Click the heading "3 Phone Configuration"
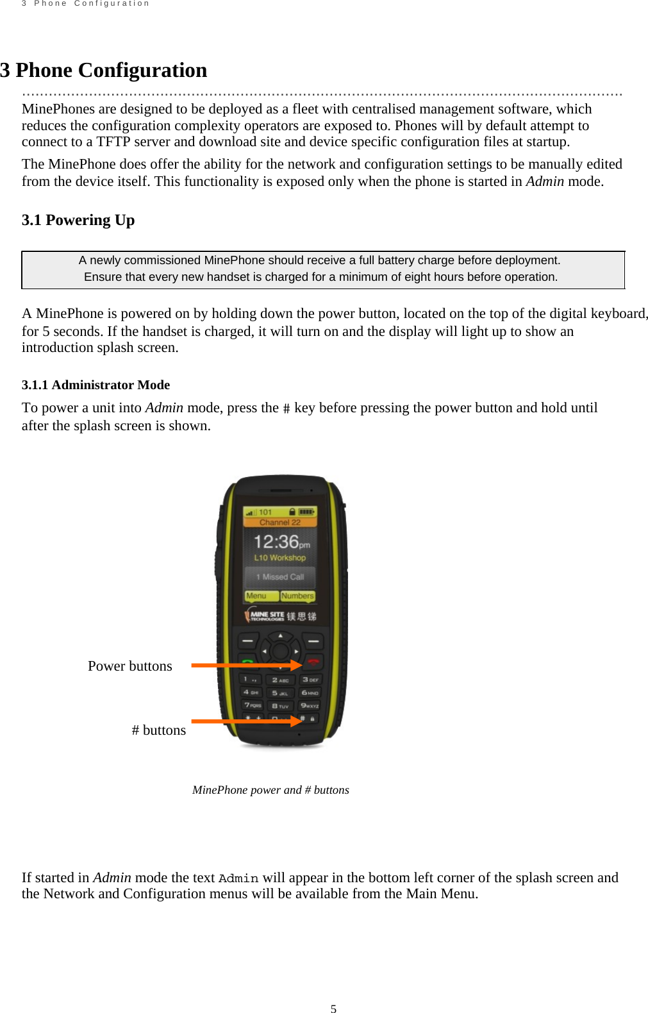click(x=103, y=70)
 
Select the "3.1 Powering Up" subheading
click(x=78, y=220)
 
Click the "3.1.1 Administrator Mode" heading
click(x=96, y=385)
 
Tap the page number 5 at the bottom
click(x=333, y=1009)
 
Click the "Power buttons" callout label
click(x=129, y=666)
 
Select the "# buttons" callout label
click(x=158, y=730)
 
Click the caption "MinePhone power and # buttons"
click(x=270, y=790)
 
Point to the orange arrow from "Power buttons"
click(x=247, y=666)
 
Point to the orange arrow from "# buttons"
click(x=247, y=721)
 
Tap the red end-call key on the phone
click(x=313, y=662)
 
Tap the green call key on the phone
click(x=247, y=660)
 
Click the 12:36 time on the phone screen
click(x=277, y=542)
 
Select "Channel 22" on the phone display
click(x=279, y=523)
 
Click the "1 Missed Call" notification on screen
click(x=280, y=576)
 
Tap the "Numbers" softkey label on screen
click(x=297, y=596)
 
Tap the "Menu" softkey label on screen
click(x=256, y=596)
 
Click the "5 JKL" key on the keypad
click(x=280, y=693)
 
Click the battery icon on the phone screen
click(x=306, y=512)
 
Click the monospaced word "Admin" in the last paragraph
click(x=238, y=878)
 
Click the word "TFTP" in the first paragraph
click(x=113, y=142)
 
